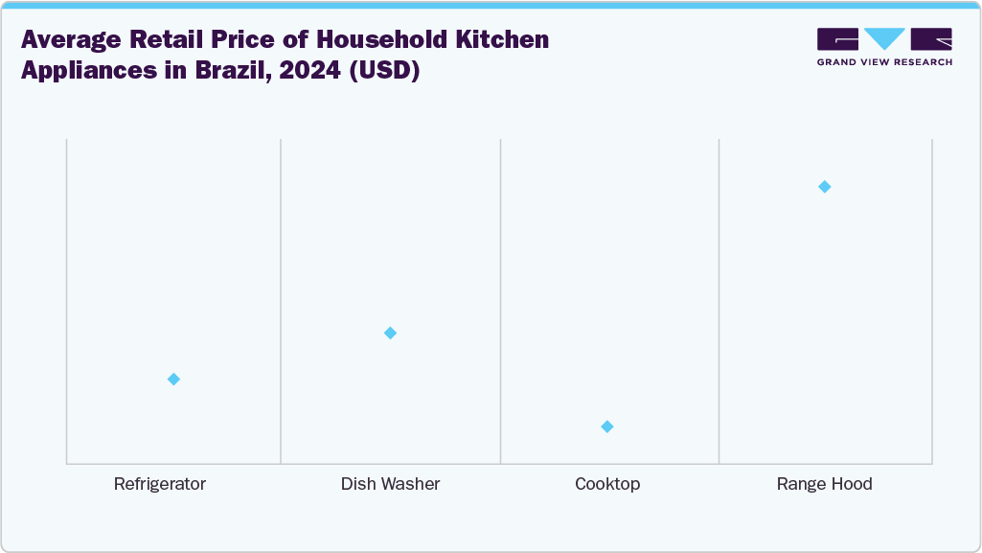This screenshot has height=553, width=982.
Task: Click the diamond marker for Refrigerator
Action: pos(173,380)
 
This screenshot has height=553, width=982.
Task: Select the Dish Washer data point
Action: pos(390,334)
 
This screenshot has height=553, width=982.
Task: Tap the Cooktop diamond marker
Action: pos(607,426)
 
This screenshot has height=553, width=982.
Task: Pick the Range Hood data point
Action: pos(824,187)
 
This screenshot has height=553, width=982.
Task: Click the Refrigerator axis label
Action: pos(160,484)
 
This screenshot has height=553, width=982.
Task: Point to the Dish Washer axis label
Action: pos(390,484)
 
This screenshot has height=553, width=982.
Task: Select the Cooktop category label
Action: pos(607,484)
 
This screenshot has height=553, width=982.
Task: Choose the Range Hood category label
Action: pos(824,484)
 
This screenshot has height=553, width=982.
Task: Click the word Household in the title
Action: pos(362,40)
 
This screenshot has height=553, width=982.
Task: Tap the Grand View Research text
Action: pos(884,62)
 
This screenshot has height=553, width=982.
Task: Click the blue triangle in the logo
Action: pos(884,39)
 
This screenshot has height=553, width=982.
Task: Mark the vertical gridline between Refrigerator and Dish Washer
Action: pos(281,302)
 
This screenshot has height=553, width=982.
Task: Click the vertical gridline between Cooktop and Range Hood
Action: pos(719,302)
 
